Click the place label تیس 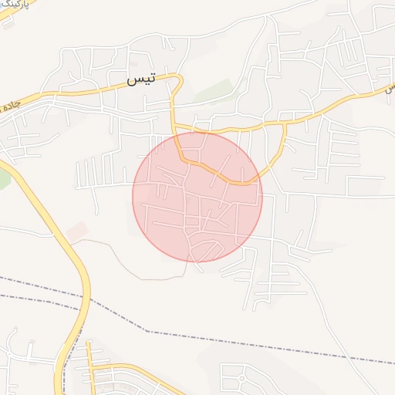click(142, 78)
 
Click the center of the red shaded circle click(197, 197)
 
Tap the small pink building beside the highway click(76, 230)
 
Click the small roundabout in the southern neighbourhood click(241, 379)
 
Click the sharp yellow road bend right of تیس click(179, 78)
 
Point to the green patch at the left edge click(3, 179)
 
